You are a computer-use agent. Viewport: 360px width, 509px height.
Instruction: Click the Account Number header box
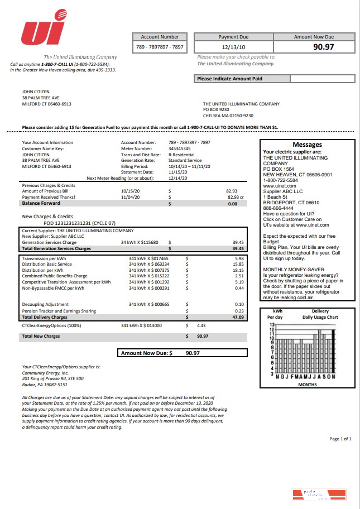point(160,37)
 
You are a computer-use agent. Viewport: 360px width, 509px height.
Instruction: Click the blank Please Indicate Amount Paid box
point(322,79)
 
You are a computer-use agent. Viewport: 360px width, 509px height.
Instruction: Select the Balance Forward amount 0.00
point(233,204)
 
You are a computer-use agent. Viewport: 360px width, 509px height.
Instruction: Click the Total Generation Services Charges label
point(56,248)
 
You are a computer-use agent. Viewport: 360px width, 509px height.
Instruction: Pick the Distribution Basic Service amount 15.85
point(238,264)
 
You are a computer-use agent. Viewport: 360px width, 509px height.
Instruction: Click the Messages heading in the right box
point(307,145)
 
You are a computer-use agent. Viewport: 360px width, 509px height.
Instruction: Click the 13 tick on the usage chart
point(272,324)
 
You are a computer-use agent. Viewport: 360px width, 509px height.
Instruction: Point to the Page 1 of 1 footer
point(340,439)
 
